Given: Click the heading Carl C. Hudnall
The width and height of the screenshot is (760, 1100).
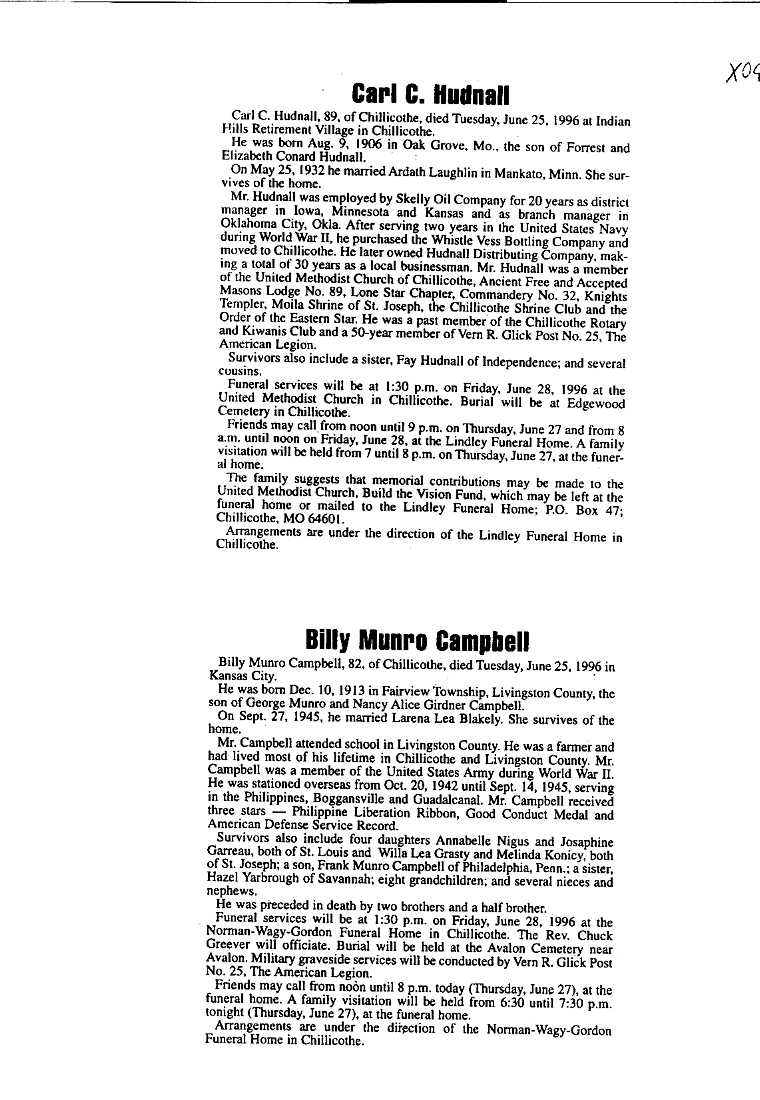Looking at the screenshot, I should tap(432, 95).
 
